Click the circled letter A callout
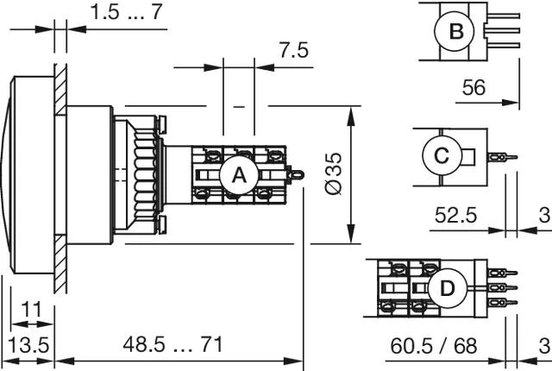pos(239,175)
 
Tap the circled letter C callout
pos(442,155)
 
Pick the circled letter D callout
pos(447,289)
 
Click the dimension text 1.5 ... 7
pos(127,11)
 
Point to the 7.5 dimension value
pos(294,50)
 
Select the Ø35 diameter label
pos(333,173)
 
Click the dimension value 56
pos(474,87)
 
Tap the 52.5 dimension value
pos(455,215)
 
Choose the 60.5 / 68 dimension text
pos(434,346)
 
